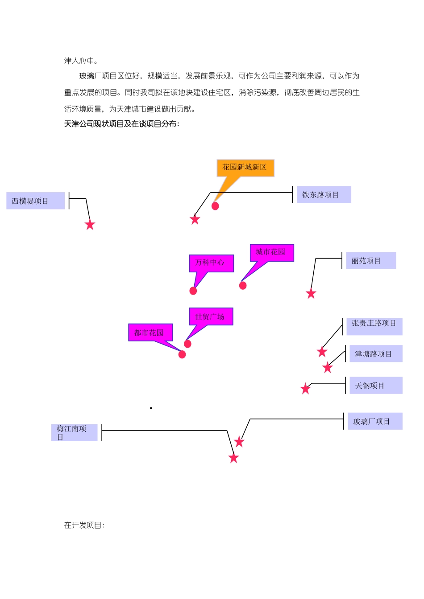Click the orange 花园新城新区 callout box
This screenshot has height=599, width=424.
[x=245, y=168]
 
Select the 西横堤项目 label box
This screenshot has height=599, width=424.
[x=35, y=201]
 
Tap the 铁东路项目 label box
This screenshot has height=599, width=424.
[x=324, y=195]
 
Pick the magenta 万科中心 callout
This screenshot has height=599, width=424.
[x=211, y=263]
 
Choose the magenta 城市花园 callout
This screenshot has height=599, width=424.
[x=271, y=253]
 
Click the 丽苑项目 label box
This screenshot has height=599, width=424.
[x=370, y=261]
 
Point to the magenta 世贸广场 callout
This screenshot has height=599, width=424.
[x=211, y=317]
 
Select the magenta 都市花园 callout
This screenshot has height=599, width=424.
[x=150, y=332]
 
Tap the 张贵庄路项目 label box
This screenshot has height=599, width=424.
[x=374, y=326]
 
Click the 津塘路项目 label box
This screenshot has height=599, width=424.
[x=375, y=354]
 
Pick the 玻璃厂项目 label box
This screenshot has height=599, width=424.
[x=375, y=421]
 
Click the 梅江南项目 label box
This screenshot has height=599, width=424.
[x=74, y=433]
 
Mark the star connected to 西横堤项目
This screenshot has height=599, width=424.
[x=90, y=225]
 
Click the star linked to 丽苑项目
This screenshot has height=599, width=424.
[x=311, y=294]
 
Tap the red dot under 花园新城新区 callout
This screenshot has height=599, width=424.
[x=215, y=206]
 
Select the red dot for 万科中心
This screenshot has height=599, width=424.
[x=193, y=291]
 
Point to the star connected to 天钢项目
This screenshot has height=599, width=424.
[x=306, y=389]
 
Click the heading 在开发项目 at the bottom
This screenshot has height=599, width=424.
[x=84, y=525]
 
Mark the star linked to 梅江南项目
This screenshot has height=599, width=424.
[x=234, y=458]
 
